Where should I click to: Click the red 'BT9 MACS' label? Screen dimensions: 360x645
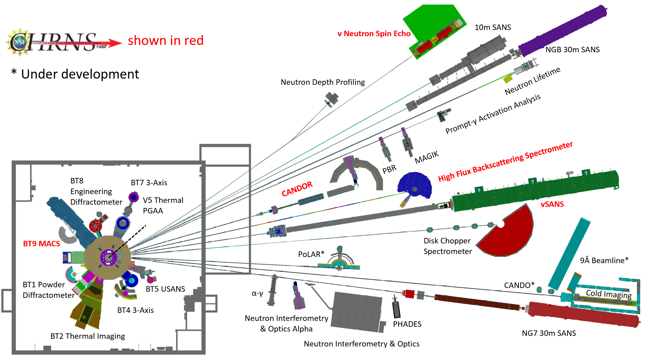[41, 244]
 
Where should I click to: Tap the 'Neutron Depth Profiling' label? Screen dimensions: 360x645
[322, 82]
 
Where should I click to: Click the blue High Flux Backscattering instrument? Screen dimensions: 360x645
[415, 185]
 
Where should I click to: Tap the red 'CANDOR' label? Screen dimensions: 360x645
[297, 189]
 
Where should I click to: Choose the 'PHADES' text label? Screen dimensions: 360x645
[407, 324]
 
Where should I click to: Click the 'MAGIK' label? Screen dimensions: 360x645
[426, 158]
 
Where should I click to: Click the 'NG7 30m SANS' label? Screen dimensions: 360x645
[548, 333]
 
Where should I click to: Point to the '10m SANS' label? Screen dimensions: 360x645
[493, 27]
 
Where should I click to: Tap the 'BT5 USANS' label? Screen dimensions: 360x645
[165, 289]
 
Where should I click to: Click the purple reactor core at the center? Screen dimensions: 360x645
[108, 257]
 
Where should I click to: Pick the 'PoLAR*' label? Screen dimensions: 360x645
[311, 254]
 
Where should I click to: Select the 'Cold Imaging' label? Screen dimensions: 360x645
[608, 294]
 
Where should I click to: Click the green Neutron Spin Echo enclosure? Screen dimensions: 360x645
[435, 29]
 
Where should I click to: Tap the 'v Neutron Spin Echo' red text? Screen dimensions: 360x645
[374, 34]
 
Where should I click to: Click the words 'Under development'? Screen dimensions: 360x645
[80, 74]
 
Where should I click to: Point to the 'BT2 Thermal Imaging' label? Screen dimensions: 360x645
[87, 336]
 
